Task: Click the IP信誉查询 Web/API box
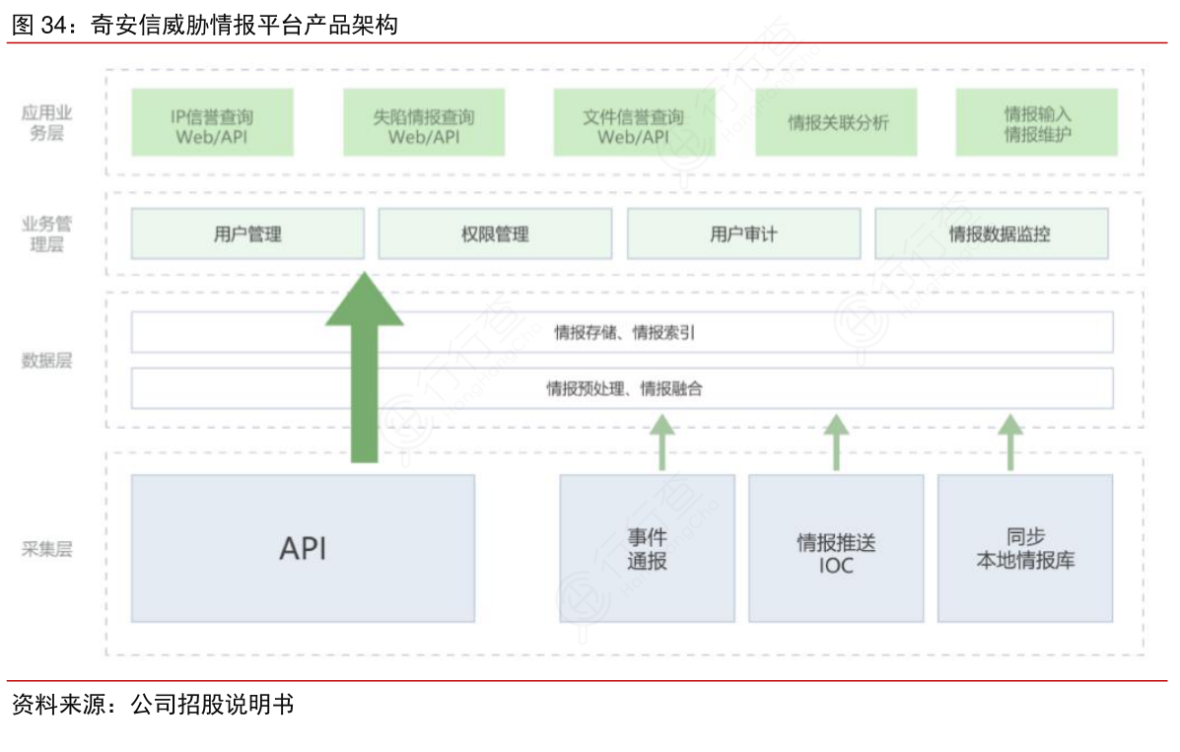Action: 212,123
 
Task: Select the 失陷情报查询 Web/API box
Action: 424,123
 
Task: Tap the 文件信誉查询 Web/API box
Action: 633,123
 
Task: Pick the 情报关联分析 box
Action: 836,123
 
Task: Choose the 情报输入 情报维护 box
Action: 1036,123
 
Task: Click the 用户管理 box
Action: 247,234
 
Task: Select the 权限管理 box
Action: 495,234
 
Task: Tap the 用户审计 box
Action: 743,234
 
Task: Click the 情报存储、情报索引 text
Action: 623,333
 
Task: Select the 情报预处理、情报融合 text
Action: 623,388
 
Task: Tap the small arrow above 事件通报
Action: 661,442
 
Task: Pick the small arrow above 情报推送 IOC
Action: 836,442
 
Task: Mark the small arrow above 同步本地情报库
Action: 1009,442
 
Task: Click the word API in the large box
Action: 303,549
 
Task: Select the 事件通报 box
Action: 647,549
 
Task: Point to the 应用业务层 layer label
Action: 46,123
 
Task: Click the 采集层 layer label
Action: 46,549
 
